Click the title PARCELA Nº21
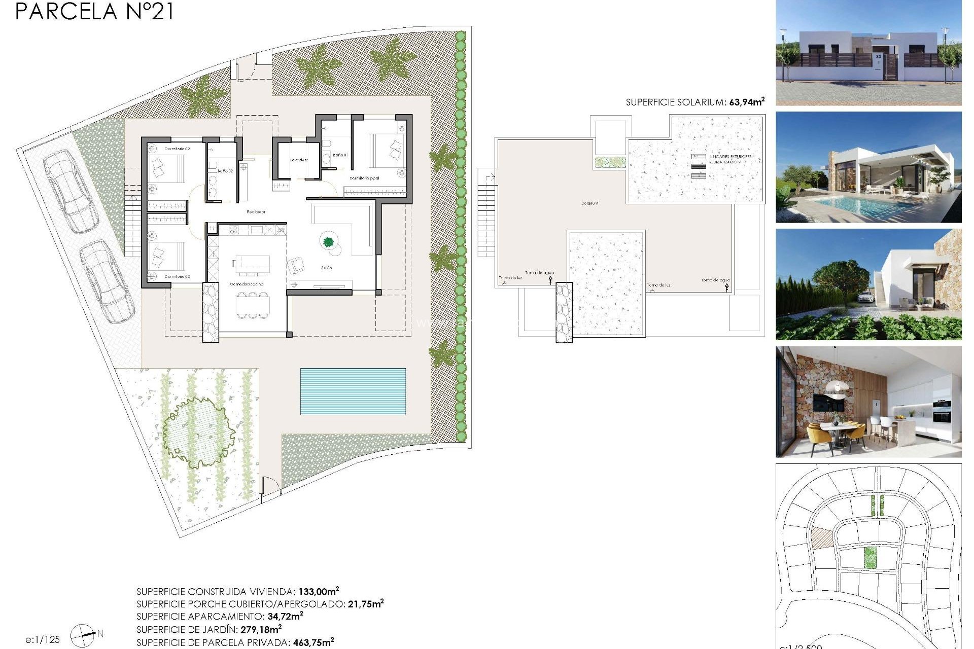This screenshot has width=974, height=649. tap(94, 12)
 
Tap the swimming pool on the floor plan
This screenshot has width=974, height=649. tap(353, 391)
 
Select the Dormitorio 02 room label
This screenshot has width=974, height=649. tap(177, 149)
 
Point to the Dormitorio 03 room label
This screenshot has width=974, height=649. tap(177, 277)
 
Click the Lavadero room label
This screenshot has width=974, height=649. tap(299, 160)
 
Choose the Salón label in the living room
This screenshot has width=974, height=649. tap(326, 268)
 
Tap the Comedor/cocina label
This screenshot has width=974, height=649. tap(247, 284)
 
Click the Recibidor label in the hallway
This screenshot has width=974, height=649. tap(256, 212)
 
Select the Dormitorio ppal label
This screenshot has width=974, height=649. tap(364, 178)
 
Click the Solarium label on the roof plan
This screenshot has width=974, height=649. tap(589, 203)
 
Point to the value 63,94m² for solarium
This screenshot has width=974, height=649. tap(746, 102)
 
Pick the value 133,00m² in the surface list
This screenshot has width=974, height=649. tap(318, 591)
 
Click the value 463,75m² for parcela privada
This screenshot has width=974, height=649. tap(313, 642)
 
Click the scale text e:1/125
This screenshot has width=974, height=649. tap(43, 640)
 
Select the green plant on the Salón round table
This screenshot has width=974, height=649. tap(328, 241)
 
